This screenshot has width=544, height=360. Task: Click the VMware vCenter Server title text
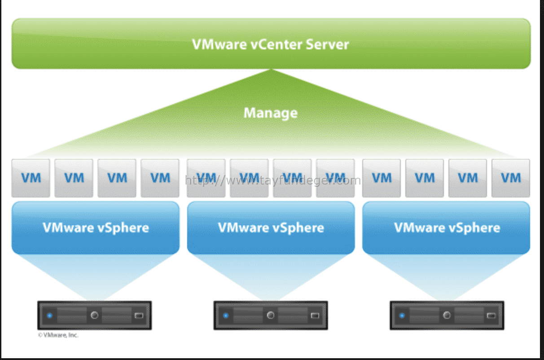[x=271, y=44]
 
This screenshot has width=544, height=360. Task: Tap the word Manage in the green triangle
[x=271, y=113]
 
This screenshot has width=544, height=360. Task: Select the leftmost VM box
[x=31, y=178]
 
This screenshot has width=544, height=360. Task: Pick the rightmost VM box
[x=511, y=178]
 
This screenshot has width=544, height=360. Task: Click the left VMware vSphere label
[x=96, y=228]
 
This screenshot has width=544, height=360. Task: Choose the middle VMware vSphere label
[x=271, y=228]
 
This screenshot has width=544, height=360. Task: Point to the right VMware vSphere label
[x=447, y=228]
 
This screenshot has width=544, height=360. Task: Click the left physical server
[x=94, y=315]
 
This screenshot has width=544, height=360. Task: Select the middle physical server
[x=271, y=315]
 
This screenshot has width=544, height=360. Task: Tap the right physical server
[x=447, y=315]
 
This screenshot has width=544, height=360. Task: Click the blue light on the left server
[x=50, y=316]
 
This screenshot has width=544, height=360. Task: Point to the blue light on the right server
[x=402, y=316]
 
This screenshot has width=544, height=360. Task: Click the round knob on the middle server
[x=271, y=315]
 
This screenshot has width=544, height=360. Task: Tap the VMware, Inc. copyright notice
[x=58, y=335]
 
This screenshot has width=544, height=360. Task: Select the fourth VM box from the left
[x=160, y=178]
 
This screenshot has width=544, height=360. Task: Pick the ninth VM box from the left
[x=381, y=178]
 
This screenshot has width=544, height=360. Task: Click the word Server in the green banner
[x=327, y=44]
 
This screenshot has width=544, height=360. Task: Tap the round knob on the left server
[x=94, y=315]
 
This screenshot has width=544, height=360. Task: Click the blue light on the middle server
[x=226, y=316]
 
